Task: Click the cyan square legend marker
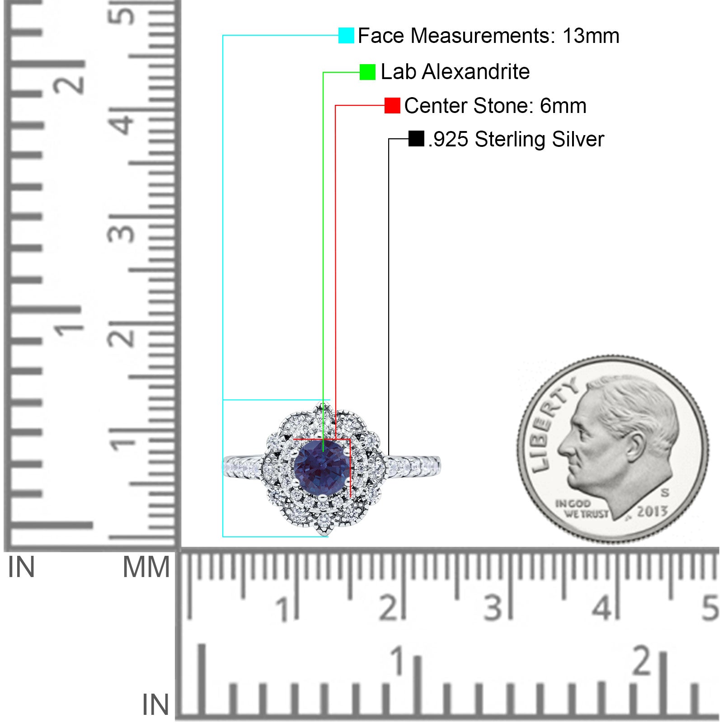pos(346,35)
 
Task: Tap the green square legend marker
pos(367,72)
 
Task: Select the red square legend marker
pos(392,105)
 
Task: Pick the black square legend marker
pos(416,139)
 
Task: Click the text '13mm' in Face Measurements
pos(591,36)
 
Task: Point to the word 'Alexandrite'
pos(475,71)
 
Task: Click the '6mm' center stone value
pos(563,106)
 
